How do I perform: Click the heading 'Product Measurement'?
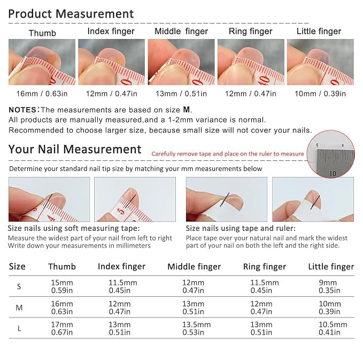pos(71,14)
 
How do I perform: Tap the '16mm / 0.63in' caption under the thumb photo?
pos(42,94)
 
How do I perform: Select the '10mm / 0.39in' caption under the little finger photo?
pos(320,94)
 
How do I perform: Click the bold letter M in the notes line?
pos(187,110)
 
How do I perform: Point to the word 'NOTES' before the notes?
pos(22,110)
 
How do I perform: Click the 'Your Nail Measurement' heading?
pos(75,149)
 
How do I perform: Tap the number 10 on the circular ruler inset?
pos(333,173)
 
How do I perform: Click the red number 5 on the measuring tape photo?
pos(121,211)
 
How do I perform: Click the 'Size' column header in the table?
pos(17,266)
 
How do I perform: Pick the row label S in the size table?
pos(19,287)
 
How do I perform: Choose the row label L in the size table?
pos(19,328)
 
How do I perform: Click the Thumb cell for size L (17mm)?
pos(62,328)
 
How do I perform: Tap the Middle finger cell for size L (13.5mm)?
pos(197,328)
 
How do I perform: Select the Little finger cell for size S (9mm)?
pos(329,287)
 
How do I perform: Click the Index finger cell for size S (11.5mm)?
pos(123,287)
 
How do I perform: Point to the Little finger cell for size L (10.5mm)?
pos(333,328)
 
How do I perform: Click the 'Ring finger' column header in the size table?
pos(265,267)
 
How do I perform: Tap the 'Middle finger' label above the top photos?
pos(181,31)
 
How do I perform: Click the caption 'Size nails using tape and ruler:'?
pos(241,228)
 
